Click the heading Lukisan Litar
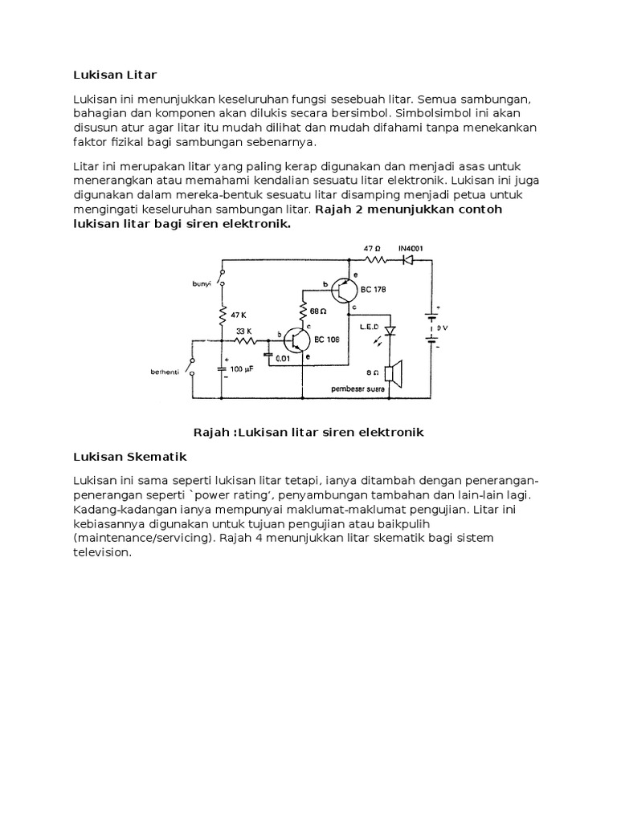coord(116,75)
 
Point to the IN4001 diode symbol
coord(408,260)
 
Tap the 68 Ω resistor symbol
coord(304,310)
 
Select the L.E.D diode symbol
coord(390,330)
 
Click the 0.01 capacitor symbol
coord(267,354)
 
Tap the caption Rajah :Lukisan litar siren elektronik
coord(308,432)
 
